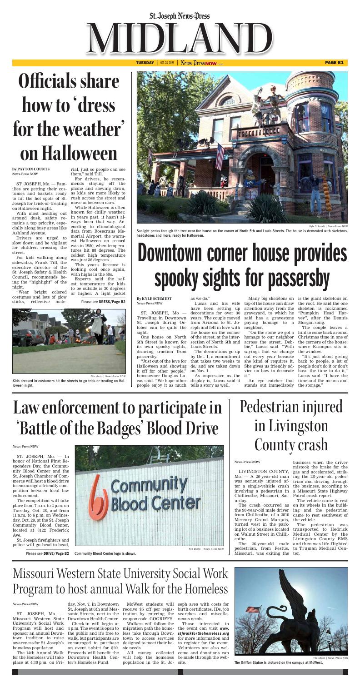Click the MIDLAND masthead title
(x=180, y=36)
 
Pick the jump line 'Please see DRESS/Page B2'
(x=103, y=301)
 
